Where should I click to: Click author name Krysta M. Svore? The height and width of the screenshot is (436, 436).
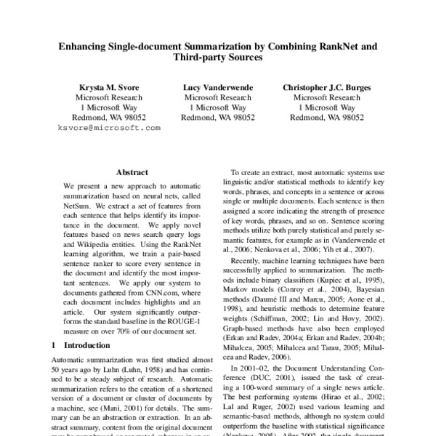[109, 86]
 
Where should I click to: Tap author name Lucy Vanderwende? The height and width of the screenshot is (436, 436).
[217, 86]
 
